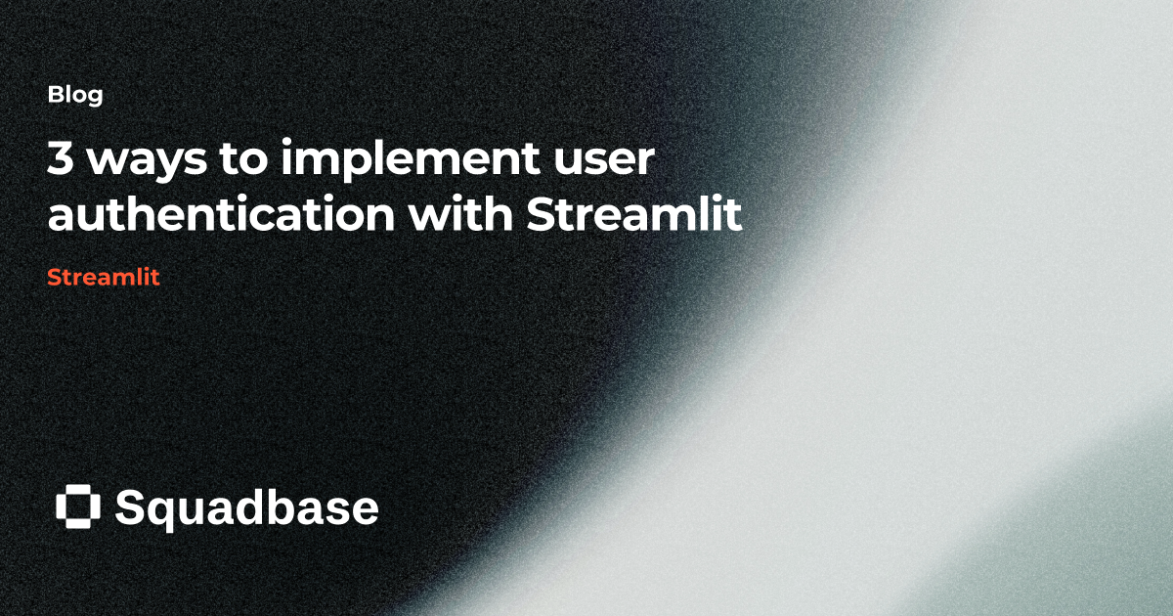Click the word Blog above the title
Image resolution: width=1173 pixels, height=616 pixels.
[75, 96]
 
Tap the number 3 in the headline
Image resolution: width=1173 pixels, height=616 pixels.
[61, 161]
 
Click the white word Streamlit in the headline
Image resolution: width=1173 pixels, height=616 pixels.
[633, 214]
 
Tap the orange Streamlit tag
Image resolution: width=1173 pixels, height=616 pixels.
[103, 277]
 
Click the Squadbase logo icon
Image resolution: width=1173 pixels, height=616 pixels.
[78, 506]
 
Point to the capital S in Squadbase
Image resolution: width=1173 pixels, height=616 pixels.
[130, 507]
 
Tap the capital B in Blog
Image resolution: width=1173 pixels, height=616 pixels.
[55, 96]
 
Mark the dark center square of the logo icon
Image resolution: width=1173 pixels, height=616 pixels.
[78, 506]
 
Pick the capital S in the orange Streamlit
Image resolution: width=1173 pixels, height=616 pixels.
[54, 277]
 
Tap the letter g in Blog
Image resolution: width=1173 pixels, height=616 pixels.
[95, 99]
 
